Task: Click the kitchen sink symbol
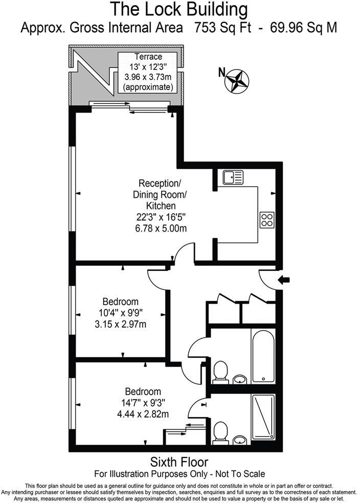pos(233,177)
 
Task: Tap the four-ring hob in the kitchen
pos(267,220)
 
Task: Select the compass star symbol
pos(237,81)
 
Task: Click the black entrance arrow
pos(284,280)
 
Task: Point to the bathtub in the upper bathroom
pos(263,356)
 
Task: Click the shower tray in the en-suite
pos(263,417)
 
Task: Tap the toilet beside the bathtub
pos(220,373)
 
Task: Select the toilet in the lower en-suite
pos(220,433)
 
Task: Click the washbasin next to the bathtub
pos(240,379)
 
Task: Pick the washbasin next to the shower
pos(240,440)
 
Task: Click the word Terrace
pos(148,57)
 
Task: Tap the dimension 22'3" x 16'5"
pos(161,217)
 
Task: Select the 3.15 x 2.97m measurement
pos(120,324)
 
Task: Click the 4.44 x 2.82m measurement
pos(143,414)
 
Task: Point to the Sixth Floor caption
pos(179,462)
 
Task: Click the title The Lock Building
pos(179,10)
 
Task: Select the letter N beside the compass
pos(222,73)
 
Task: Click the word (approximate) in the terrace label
pos(148,87)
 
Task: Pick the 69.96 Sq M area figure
pos(304,28)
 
